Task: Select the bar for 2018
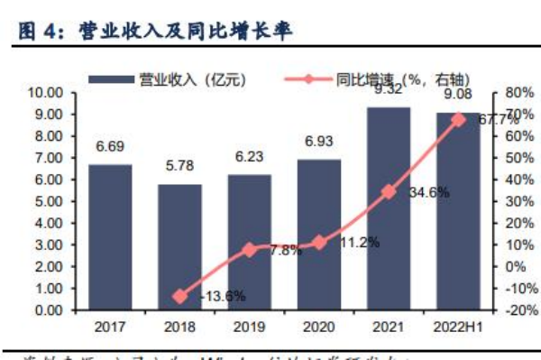180,246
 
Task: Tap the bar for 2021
389,208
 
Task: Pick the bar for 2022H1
458,211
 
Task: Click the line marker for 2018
180,296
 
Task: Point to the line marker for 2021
389,191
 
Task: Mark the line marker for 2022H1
458,119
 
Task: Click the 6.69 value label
110,147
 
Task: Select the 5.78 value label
180,167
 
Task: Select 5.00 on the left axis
48,201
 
